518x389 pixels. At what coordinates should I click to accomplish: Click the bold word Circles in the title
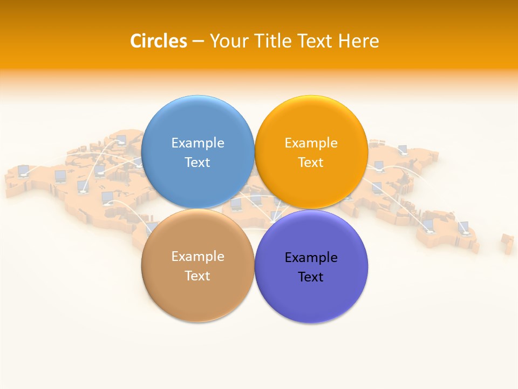(x=159, y=41)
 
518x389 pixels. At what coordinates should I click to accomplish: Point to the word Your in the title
(x=228, y=41)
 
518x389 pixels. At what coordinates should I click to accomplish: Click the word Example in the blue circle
(x=197, y=143)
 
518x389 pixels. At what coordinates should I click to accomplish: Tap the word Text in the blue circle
(x=197, y=162)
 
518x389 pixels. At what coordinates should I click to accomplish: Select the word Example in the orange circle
(x=311, y=143)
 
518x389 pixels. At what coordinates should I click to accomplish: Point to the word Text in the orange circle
(x=311, y=162)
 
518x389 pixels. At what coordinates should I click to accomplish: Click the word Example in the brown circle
(x=197, y=256)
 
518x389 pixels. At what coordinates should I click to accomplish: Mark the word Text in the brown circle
(x=197, y=276)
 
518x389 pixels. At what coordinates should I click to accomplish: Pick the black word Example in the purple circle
(x=311, y=257)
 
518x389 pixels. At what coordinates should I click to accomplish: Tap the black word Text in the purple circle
(x=311, y=277)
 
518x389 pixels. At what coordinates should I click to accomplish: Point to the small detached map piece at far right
(x=507, y=243)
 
